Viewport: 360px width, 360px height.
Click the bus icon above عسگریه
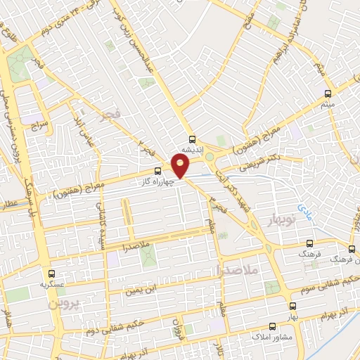[51, 274]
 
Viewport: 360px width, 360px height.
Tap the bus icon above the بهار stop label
[292, 306]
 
